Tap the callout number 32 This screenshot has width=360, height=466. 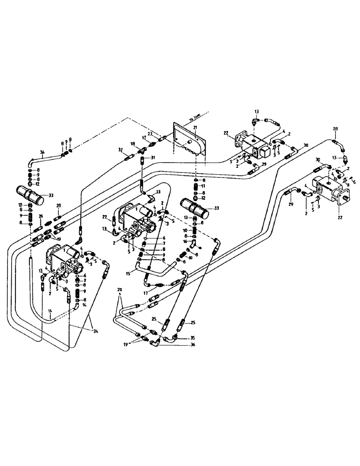click(x=120, y=151)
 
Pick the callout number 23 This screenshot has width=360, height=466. click(x=151, y=134)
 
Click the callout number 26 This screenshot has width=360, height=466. click(x=41, y=216)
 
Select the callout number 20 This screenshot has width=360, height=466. click(x=119, y=290)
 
